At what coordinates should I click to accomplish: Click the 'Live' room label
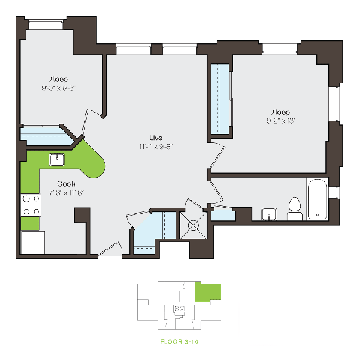[x=155, y=138]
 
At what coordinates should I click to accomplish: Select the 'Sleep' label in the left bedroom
[x=58, y=79]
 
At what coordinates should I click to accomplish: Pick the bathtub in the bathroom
[x=317, y=200]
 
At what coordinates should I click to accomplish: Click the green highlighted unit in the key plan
[x=208, y=292]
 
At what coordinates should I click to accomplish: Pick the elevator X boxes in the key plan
[x=179, y=307]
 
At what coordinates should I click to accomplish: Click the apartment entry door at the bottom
[x=109, y=250]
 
